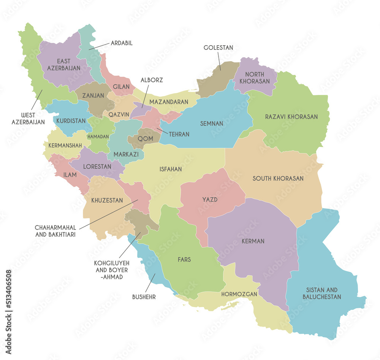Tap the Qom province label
pyautogui.click(x=146, y=139)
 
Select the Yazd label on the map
pyautogui.click(x=210, y=199)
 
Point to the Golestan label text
pyautogui.click(x=218, y=48)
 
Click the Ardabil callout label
pyautogui.click(x=122, y=43)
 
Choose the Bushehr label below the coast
pyautogui.click(x=144, y=297)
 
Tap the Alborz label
pyautogui.click(x=152, y=81)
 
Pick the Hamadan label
pyautogui.click(x=98, y=136)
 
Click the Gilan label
pyautogui.click(x=121, y=87)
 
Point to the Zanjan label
pyautogui.click(x=93, y=96)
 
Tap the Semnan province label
pyautogui.click(x=212, y=124)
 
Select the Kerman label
pyautogui.click(x=253, y=241)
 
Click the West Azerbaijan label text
pyautogui.click(x=28, y=119)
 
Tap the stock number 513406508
pyautogui.click(x=8, y=295)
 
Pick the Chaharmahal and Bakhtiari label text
pyautogui.click(x=55, y=231)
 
